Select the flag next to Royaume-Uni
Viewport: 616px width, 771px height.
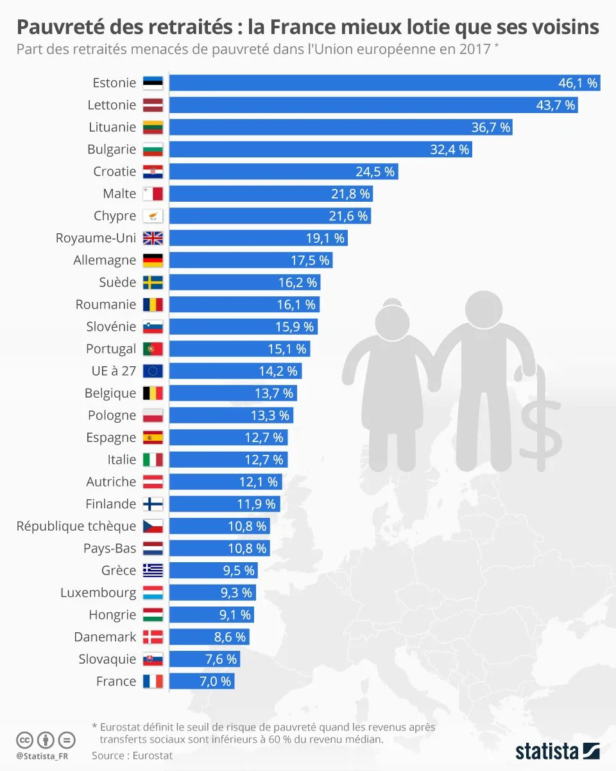coord(153,238)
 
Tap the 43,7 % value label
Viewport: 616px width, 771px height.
coord(556,105)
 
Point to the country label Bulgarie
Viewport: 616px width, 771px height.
coord(112,150)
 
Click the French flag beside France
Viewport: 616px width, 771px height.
coord(153,681)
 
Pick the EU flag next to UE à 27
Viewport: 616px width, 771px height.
coord(153,371)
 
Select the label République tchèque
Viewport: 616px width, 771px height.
coord(76,526)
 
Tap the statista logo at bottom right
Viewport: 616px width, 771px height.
coord(557,750)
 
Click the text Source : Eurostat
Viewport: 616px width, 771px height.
coord(132,756)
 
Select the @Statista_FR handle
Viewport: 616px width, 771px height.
coord(42,756)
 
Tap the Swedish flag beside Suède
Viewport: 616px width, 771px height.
coord(153,283)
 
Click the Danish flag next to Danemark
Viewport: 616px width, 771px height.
coord(153,637)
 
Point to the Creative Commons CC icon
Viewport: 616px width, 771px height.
coord(24,739)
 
